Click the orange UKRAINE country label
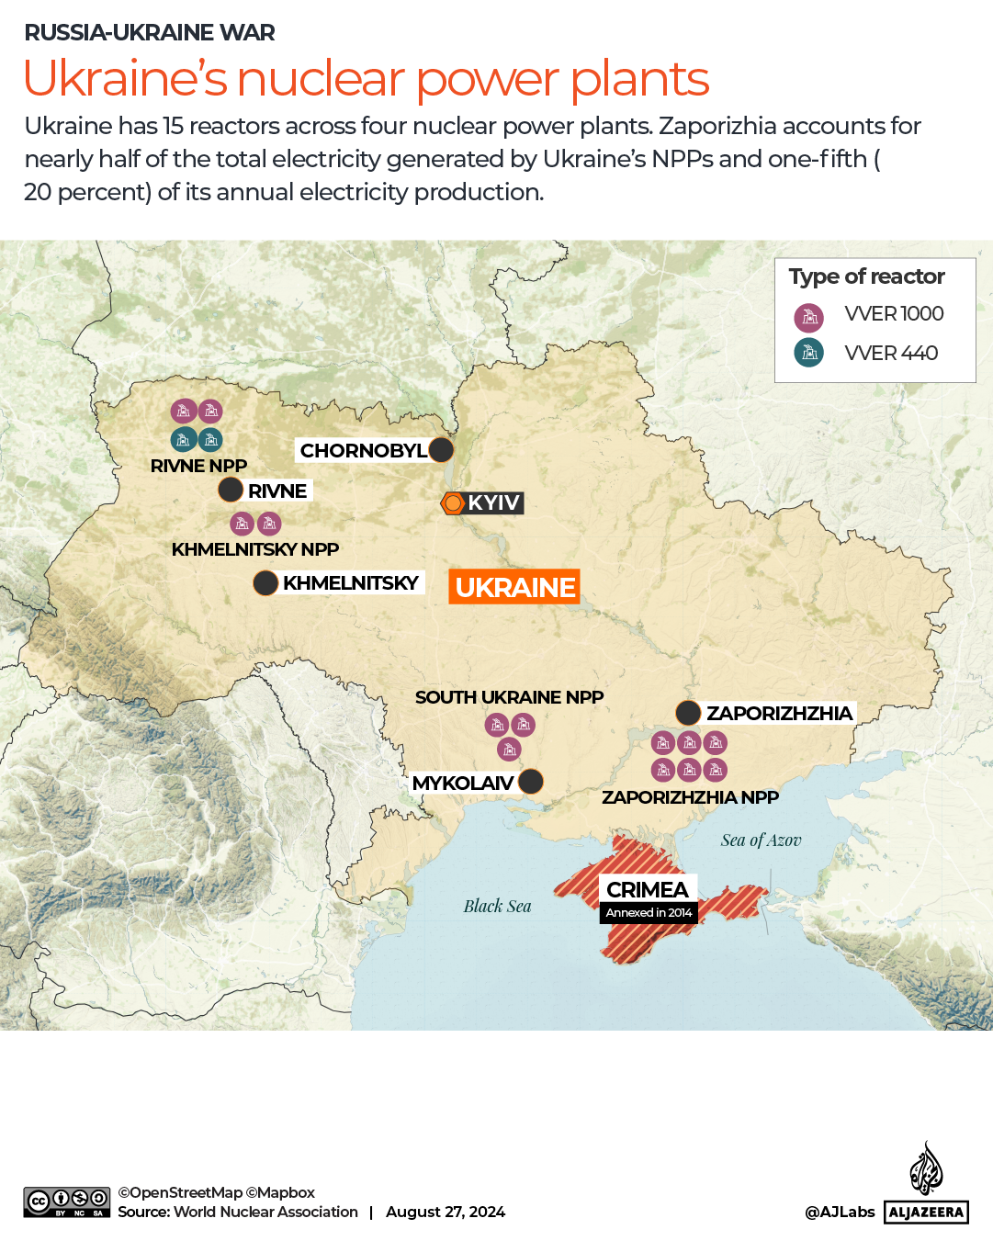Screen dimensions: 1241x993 pyautogui.click(x=514, y=587)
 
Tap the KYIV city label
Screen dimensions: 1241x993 pyautogui.click(x=493, y=502)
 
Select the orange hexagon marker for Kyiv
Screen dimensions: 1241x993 pyautogui.click(x=453, y=503)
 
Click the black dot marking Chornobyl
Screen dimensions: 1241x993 pyautogui.click(x=441, y=450)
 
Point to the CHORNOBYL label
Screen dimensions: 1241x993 pyautogui.click(x=363, y=451)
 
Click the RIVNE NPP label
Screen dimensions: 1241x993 pyautogui.click(x=198, y=466)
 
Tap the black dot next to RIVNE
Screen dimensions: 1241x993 pyautogui.click(x=231, y=491)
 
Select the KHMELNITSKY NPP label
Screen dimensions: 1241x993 pyautogui.click(x=255, y=549)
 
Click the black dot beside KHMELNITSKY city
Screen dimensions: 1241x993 pyautogui.click(x=265, y=583)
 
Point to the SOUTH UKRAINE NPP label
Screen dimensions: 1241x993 pyautogui.click(x=509, y=697)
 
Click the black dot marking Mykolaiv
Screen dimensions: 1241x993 pyautogui.click(x=530, y=782)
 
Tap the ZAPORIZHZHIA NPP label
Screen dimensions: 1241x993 pyautogui.click(x=690, y=797)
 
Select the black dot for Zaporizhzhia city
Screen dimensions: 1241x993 pyautogui.click(x=688, y=713)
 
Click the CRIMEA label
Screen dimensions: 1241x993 pyautogui.click(x=648, y=889)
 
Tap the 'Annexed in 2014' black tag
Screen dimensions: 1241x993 pyautogui.click(x=649, y=912)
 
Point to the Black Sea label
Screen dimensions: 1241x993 pyautogui.click(x=497, y=906)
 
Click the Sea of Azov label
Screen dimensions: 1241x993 pyautogui.click(x=761, y=840)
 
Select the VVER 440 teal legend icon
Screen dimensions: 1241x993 pyautogui.click(x=808, y=353)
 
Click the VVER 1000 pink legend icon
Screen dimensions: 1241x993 pyautogui.click(x=808, y=318)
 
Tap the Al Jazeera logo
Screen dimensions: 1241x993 pyautogui.click(x=926, y=1185)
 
